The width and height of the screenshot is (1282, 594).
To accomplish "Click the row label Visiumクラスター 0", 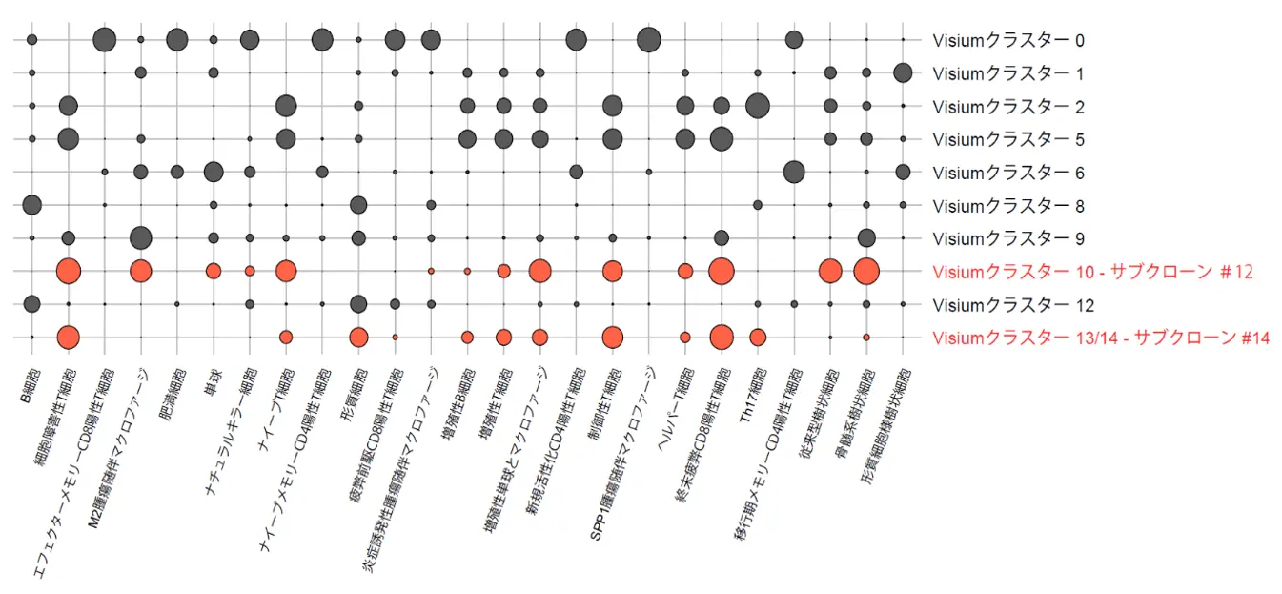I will point(1008,40).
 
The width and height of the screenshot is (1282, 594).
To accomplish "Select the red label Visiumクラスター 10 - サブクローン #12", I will point(1092,272).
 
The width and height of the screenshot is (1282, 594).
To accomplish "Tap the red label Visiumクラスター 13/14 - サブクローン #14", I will point(1101,338).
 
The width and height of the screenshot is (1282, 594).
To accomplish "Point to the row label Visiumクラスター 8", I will point(1008,205).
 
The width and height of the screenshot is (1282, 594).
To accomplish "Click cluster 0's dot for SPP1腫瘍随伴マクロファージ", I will point(649,39).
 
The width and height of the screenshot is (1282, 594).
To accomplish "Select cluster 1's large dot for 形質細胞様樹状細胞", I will point(903,72).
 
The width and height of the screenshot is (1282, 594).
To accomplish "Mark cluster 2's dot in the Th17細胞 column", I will point(758,105).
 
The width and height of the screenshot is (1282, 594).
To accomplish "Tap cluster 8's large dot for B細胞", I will point(31,204).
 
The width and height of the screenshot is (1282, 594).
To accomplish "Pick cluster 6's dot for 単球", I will point(214,172).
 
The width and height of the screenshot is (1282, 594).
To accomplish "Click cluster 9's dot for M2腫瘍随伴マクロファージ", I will point(141,237).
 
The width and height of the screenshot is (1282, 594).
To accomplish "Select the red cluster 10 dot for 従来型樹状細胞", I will point(830,271).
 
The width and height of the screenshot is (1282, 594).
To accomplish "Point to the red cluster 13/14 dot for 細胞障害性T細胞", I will point(69,337).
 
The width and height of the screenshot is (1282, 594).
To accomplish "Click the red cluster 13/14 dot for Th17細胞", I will point(758,337).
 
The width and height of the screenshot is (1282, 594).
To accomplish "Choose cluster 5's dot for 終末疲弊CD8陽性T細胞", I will point(722,138).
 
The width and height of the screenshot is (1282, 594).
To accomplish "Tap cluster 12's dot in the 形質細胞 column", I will point(358,304).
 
